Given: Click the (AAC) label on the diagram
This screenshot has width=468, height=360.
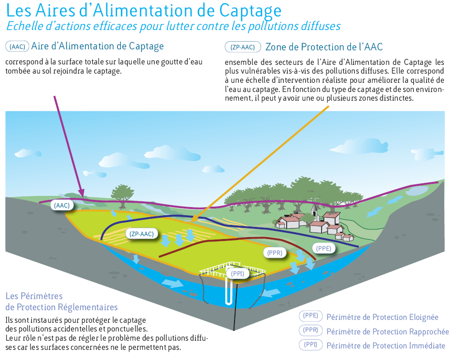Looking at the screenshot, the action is [62, 205].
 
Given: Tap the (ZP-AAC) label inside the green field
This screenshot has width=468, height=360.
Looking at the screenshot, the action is [142, 234].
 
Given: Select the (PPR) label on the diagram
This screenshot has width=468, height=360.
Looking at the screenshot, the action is [275, 253].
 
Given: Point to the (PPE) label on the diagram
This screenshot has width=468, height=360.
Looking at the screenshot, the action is [323, 248].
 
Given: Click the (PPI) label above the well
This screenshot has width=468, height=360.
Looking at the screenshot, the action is [237, 273].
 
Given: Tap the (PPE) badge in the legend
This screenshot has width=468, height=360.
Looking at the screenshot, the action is [311, 316].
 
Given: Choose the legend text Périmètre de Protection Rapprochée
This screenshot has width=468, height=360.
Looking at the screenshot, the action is [388, 331].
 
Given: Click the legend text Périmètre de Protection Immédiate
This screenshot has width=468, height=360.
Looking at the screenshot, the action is [386, 345].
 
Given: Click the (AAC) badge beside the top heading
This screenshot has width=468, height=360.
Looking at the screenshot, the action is [17, 46].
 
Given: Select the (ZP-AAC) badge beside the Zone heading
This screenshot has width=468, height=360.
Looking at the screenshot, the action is [243, 47].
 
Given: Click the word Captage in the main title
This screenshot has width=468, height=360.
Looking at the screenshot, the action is [250, 11].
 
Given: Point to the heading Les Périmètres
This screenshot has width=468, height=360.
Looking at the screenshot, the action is [34, 296].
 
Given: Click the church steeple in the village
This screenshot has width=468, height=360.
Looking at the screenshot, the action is [314, 209].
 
